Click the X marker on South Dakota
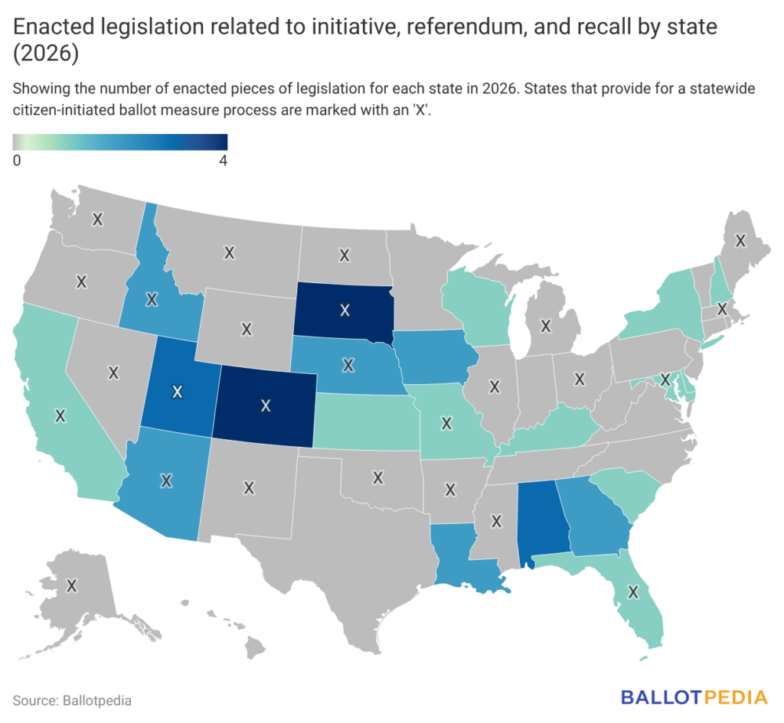click(x=345, y=311)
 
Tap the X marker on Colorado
click(x=266, y=405)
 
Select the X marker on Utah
click(x=177, y=392)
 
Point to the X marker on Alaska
click(x=71, y=585)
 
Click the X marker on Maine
click(x=740, y=241)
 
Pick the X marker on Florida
click(x=633, y=592)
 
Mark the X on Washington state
click(x=97, y=219)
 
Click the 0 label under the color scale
click(x=17, y=161)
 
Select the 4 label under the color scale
click(x=223, y=161)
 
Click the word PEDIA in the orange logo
click(x=735, y=697)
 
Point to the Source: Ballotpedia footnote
click(x=72, y=701)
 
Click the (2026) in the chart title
click(x=45, y=54)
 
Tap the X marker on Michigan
click(x=545, y=326)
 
